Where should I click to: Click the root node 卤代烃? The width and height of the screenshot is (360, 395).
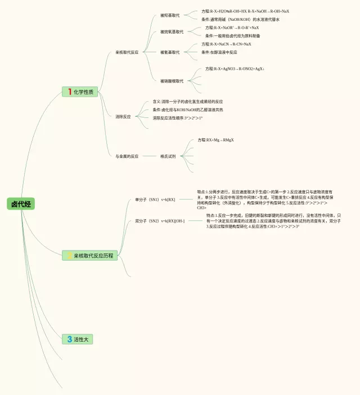[21, 204]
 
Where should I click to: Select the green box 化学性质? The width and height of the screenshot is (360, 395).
[80, 92]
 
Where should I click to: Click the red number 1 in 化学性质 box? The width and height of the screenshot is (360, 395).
[69, 92]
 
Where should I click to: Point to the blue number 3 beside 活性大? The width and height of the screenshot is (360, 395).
[69, 339]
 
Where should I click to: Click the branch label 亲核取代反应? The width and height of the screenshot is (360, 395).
[127, 52]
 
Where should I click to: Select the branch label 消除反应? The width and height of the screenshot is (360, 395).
[123, 117]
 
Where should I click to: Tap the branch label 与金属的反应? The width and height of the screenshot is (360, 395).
[127, 156]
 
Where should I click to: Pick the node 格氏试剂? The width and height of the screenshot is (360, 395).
[168, 156]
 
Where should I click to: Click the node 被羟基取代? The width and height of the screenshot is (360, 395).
[170, 15]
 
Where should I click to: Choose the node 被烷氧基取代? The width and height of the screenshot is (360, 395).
[172, 32]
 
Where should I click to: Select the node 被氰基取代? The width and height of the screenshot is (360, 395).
[170, 52]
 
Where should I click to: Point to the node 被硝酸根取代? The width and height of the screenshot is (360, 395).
[172, 81]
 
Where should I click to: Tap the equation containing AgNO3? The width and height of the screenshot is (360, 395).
[235, 69]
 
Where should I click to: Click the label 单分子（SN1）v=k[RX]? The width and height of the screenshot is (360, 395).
[155, 199]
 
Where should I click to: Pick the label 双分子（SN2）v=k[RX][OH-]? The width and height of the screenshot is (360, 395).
[160, 221]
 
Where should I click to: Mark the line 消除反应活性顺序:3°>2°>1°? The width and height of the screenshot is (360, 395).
[177, 118]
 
